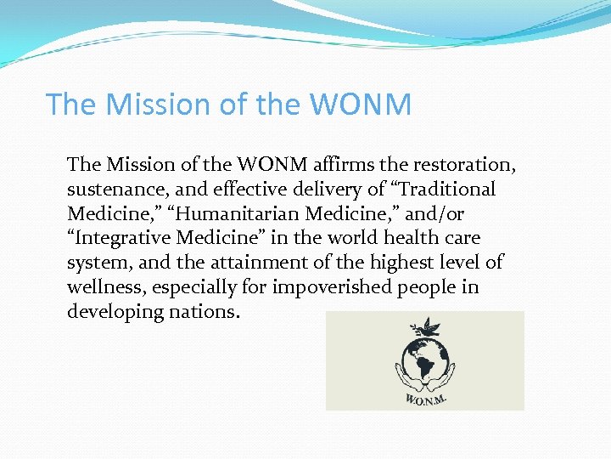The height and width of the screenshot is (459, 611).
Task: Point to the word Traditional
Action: coord(445,189)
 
